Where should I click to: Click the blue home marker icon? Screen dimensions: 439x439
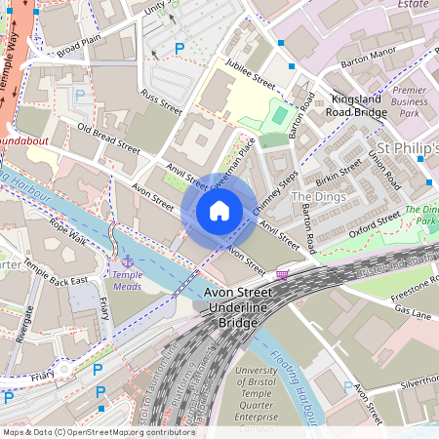pyautogui.click(x=219, y=211)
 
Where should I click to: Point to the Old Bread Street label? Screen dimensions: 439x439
pyautogui.click(x=110, y=140)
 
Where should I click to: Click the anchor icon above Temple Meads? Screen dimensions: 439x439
pyautogui.click(x=127, y=261)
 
